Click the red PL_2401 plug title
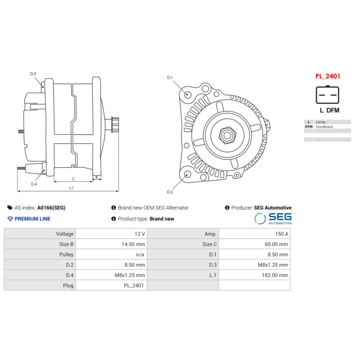tap(327, 76)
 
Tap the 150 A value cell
tap(281, 234)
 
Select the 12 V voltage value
tap(140, 234)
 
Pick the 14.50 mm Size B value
tap(134, 244)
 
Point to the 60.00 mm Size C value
tap(277, 244)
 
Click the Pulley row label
tap(66, 255)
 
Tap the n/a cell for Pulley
tap(140, 255)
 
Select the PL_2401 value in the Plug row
tap(134, 285)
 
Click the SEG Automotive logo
tap(273, 219)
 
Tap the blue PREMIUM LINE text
tap(32, 219)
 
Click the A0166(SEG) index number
tap(51, 208)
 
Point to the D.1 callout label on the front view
tap(170, 77)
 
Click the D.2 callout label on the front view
tap(170, 192)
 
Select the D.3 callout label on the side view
tap(33, 73)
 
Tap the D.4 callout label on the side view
tap(34, 184)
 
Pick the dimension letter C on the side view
tap(73, 179)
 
